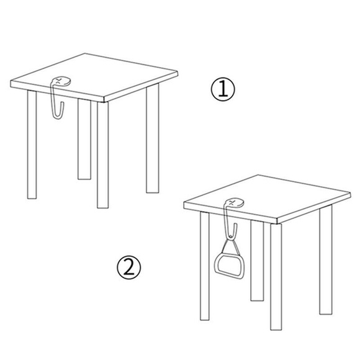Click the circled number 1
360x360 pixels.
pyautogui.click(x=223, y=89)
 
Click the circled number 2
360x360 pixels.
pyautogui.click(x=129, y=267)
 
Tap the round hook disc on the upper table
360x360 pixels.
pyautogui.click(x=61, y=81)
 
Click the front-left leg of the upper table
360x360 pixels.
pyautogui.click(x=32, y=145)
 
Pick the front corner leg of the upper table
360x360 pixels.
pyautogui.click(x=102, y=155)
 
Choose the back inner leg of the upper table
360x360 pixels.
pyautogui.click(x=84, y=139)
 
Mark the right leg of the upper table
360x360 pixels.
pyautogui.click(x=153, y=138)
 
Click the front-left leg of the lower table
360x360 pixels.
pyautogui.click(x=205, y=266)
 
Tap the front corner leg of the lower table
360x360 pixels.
pyautogui.click(x=276, y=277)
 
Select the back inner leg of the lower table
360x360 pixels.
pyautogui.click(x=257, y=261)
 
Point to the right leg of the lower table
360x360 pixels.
pyautogui.click(x=326, y=259)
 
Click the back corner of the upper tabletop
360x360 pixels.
pyautogui.click(x=85, y=53)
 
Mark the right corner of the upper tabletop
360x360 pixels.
pyautogui.click(x=178, y=73)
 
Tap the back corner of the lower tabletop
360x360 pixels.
pyautogui.click(x=258, y=175)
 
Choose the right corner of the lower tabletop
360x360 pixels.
pyautogui.click(x=350, y=194)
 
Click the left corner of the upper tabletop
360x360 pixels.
pyautogui.click(x=11, y=81)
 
